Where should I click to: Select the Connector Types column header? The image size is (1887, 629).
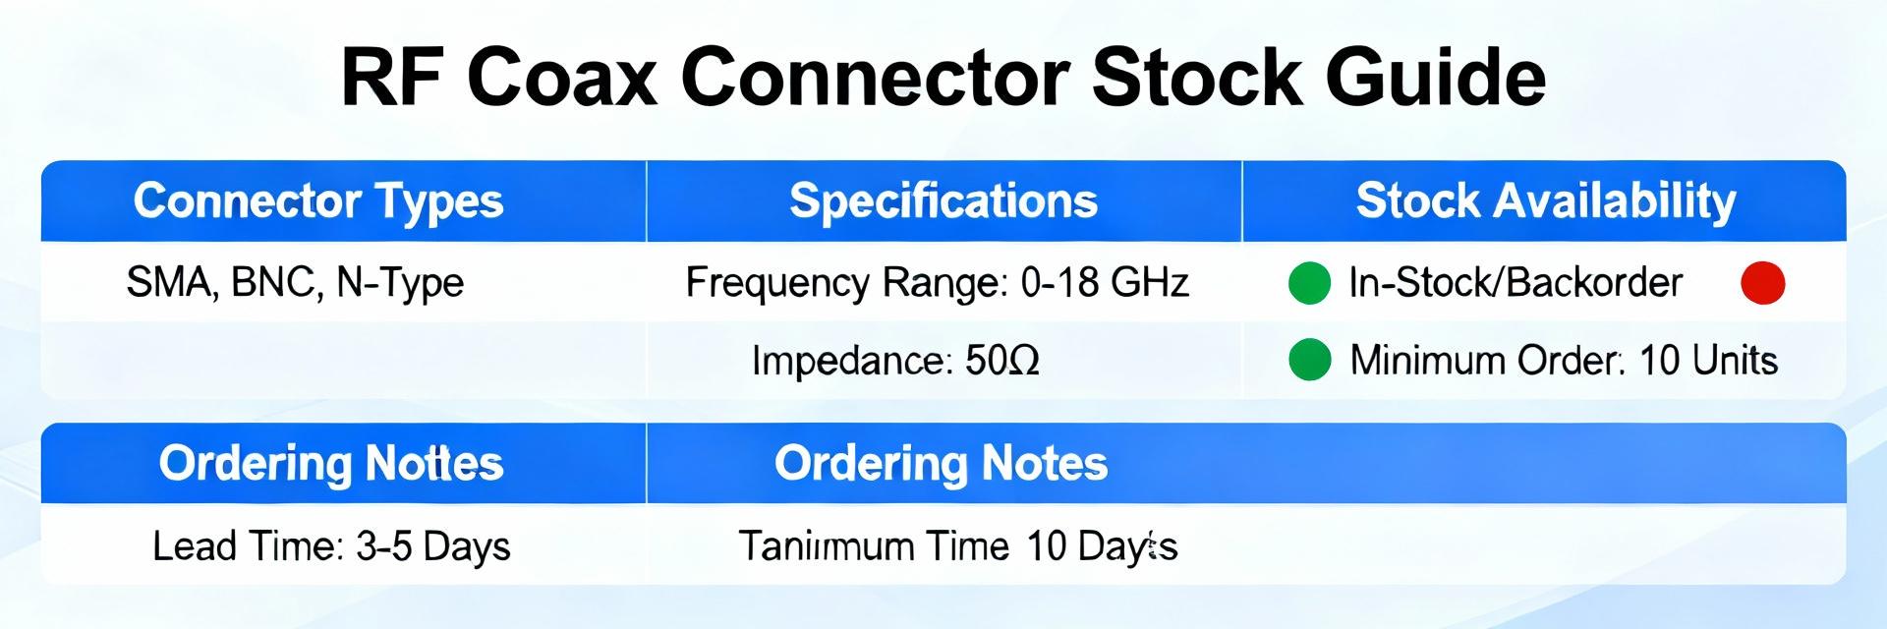[x=318, y=201]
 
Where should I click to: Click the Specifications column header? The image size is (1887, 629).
[x=943, y=201]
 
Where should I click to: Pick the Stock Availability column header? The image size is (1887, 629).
[x=1545, y=201]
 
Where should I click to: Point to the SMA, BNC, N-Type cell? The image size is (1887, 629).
[x=295, y=283]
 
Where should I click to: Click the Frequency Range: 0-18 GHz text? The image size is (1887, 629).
[x=937, y=283]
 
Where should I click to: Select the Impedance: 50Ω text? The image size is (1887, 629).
[x=895, y=362]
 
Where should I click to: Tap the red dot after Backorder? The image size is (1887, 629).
[x=1762, y=283]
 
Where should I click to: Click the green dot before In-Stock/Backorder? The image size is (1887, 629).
[x=1309, y=283]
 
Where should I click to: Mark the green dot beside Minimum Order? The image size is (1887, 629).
[x=1309, y=360]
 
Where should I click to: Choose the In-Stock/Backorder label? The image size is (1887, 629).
[x=1515, y=283]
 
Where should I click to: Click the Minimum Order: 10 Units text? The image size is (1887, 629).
[x=1564, y=361]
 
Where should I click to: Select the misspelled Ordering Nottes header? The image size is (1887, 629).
[x=331, y=464]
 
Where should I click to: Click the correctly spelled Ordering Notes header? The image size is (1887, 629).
[x=941, y=464]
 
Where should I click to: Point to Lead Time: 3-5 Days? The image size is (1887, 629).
[x=331, y=546]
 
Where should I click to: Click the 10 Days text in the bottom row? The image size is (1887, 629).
[x=1101, y=546]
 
